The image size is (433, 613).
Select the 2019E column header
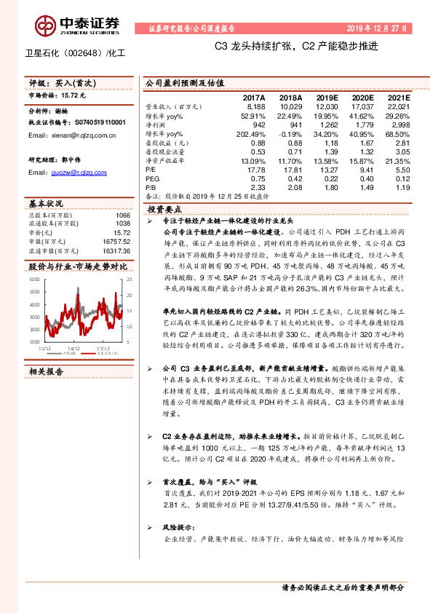324,97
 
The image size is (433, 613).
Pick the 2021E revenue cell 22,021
397,106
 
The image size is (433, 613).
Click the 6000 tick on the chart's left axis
33,280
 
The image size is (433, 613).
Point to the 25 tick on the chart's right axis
130,280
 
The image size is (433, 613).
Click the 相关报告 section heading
46,371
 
